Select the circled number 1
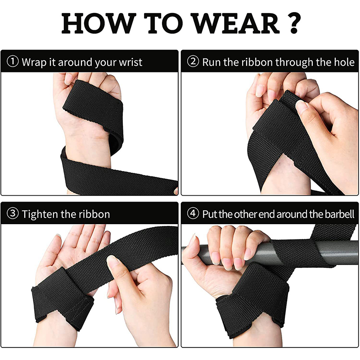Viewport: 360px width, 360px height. (13, 62)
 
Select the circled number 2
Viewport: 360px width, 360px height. (193, 62)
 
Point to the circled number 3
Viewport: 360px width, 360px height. (13, 213)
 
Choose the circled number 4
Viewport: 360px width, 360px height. (193, 213)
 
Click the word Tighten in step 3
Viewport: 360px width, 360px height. (40, 214)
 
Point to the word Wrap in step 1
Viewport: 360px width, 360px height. (35, 63)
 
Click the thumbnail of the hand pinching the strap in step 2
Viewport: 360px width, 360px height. (301, 107)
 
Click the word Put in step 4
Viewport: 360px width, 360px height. (210, 214)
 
